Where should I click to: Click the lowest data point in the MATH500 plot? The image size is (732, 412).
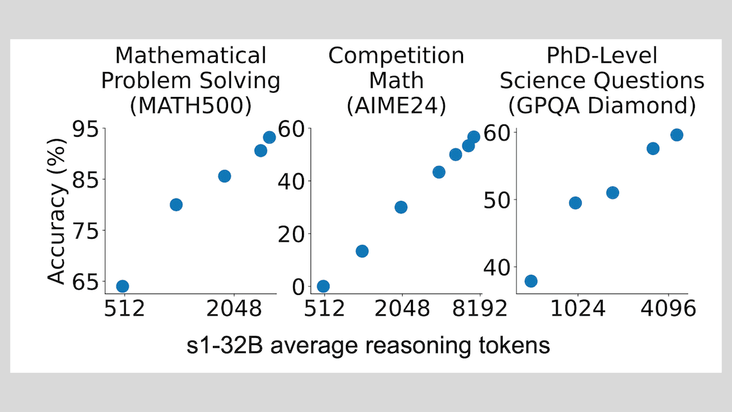coord(123,286)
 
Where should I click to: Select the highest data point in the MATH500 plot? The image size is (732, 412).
coord(269,137)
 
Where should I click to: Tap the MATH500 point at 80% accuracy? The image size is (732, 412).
coord(176,204)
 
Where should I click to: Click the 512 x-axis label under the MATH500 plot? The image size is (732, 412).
coord(124,310)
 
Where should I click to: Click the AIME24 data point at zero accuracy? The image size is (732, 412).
coord(323,286)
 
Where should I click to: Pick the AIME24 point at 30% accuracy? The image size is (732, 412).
coord(401,207)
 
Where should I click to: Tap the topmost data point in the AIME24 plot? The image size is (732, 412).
coord(474,137)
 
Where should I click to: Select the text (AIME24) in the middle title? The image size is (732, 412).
coord(396,106)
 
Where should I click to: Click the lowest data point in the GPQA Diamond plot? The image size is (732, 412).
coord(531,281)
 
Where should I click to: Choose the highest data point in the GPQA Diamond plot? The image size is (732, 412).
coord(676,135)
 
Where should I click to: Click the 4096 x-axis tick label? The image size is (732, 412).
coord(669,310)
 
